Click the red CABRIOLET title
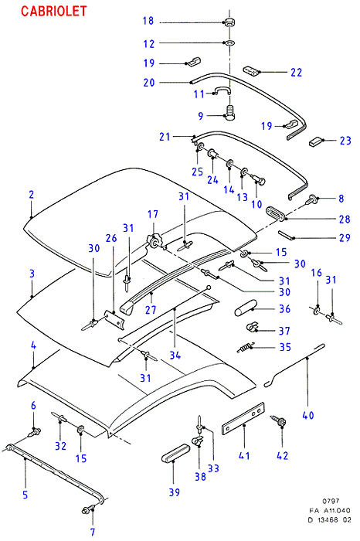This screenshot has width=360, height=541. tap(54, 11)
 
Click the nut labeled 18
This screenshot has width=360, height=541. tap(229, 22)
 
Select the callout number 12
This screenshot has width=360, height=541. tap(149, 44)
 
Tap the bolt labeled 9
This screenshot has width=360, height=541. tap(229, 113)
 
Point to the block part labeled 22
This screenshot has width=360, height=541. tap(251, 71)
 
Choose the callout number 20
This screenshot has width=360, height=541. tap(149, 83)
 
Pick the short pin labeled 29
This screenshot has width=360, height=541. tap(286, 235)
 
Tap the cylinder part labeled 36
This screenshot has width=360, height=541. tap(246, 308)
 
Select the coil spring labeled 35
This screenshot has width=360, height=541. tap(246, 347)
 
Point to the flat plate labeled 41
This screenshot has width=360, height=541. tap(243, 418)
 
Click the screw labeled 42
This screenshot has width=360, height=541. tap(279, 421)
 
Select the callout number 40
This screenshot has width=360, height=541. tap(308, 415)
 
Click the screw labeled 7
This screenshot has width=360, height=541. tap(89, 510)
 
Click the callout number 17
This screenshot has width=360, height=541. tap(153, 214)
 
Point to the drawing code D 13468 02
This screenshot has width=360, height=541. tap(329, 519)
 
